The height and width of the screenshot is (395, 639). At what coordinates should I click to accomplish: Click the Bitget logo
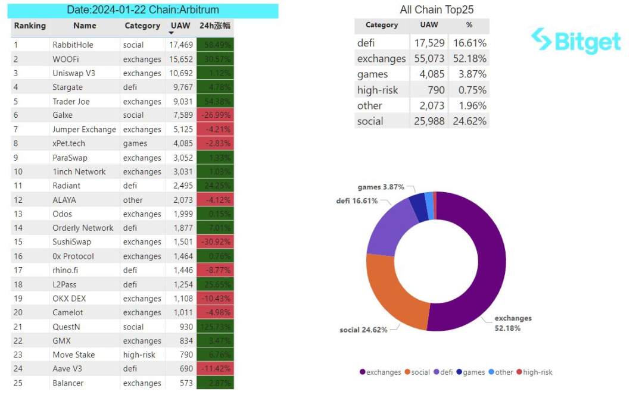click(x=576, y=40)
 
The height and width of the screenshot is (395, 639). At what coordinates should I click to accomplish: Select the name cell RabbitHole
click(x=73, y=45)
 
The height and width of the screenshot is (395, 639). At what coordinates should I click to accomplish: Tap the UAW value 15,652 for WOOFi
click(x=180, y=59)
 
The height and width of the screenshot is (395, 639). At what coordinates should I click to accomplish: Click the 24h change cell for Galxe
click(x=215, y=115)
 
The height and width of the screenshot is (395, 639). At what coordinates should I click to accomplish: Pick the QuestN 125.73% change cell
click(x=215, y=327)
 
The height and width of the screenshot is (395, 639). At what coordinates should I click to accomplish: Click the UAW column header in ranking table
click(x=180, y=26)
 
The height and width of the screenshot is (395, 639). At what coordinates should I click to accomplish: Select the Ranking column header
click(x=30, y=26)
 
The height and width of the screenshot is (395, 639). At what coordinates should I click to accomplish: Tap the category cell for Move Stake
click(x=139, y=355)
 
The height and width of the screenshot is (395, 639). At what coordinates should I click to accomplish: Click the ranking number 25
click(x=18, y=383)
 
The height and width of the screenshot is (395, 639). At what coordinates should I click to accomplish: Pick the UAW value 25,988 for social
click(x=428, y=121)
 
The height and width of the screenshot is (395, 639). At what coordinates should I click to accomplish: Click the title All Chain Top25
click(x=437, y=10)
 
